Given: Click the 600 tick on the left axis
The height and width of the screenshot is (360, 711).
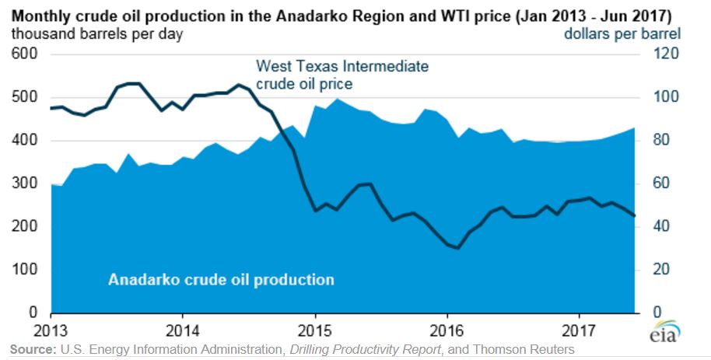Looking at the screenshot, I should coord(26,54).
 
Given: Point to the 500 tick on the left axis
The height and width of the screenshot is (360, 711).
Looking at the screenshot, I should coord(26,97).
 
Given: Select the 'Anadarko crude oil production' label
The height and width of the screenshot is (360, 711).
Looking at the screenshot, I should coord(221,279).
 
